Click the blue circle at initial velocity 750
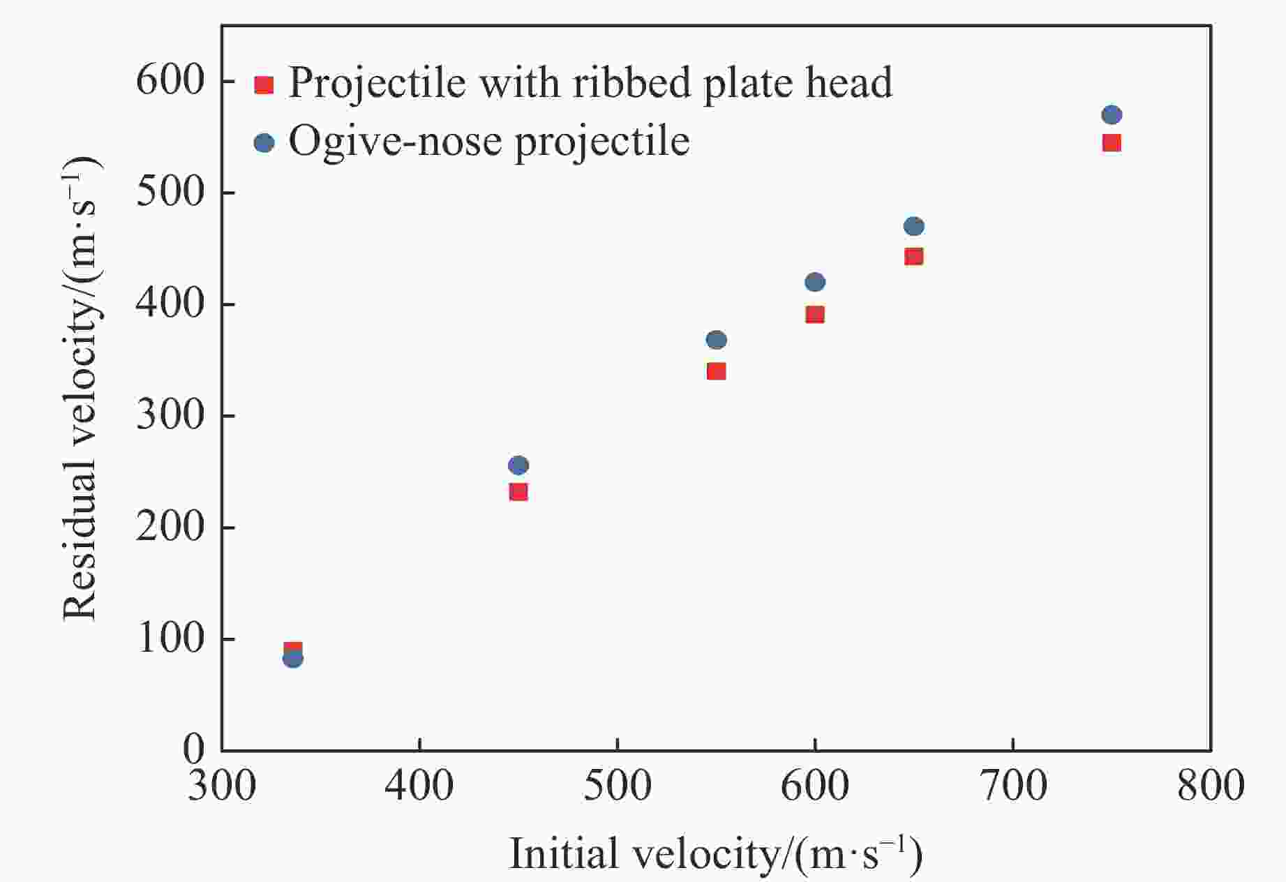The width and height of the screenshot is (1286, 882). pyautogui.click(x=1112, y=115)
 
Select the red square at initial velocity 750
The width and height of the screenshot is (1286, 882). pyautogui.click(x=1112, y=143)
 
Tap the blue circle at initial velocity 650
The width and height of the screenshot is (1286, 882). pyautogui.click(x=913, y=226)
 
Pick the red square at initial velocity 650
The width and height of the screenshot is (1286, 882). pyautogui.click(x=913, y=257)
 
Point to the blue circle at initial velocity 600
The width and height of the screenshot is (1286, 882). pyautogui.click(x=815, y=282)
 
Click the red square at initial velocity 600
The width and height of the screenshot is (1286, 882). pyautogui.click(x=815, y=315)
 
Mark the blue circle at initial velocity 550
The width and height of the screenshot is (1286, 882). pyautogui.click(x=716, y=340)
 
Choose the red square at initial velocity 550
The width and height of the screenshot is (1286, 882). pyautogui.click(x=716, y=371)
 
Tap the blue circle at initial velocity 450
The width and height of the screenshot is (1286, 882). pyautogui.click(x=518, y=465)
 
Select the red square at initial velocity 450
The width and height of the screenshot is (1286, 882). pyautogui.click(x=518, y=492)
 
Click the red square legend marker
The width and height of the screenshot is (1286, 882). pyautogui.click(x=264, y=85)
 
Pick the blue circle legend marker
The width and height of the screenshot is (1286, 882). pyautogui.click(x=264, y=143)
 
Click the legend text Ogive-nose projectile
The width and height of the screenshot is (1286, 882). pyautogui.click(x=489, y=142)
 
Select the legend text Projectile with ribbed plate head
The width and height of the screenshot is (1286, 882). pyautogui.click(x=590, y=83)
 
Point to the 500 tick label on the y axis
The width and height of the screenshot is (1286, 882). pyautogui.click(x=170, y=193)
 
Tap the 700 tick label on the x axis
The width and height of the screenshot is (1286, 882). pyautogui.click(x=1012, y=786)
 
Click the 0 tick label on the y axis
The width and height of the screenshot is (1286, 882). pyautogui.click(x=193, y=749)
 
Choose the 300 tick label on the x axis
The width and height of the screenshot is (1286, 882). pyautogui.click(x=222, y=786)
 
